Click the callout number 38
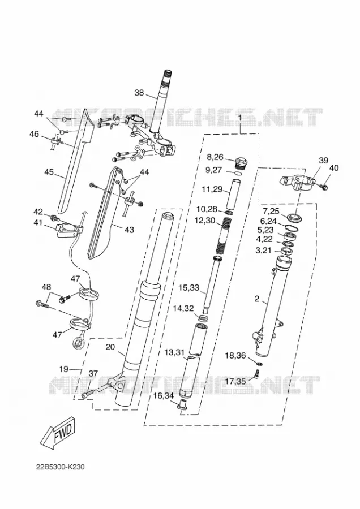tap(139, 93)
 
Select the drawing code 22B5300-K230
tap(61, 467)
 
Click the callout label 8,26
tap(216, 157)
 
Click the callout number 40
tap(334, 168)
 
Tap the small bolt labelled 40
tap(324, 187)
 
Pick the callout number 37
tap(93, 374)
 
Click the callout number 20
tap(110, 347)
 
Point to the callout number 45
tap(49, 171)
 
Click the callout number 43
tap(129, 230)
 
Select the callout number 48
tap(46, 287)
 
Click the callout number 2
tap(256, 299)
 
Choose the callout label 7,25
tap(271, 212)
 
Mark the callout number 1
tap(240, 117)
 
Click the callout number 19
tap(64, 369)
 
